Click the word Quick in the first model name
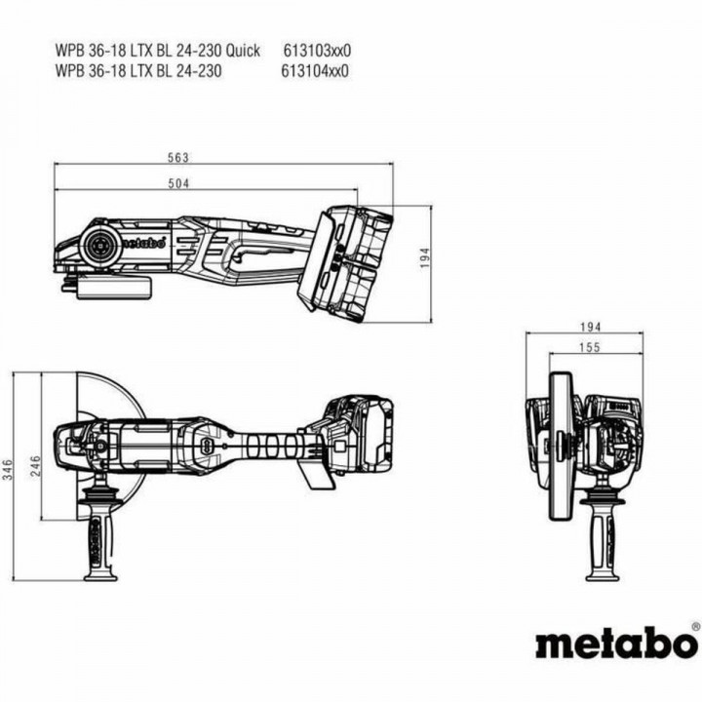pyautogui.click(x=242, y=50)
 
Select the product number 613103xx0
pyautogui.click(x=317, y=50)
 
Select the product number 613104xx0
pyautogui.click(x=314, y=69)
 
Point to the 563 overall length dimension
pyautogui.click(x=177, y=158)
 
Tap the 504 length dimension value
pyautogui.click(x=177, y=183)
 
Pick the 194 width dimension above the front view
pyautogui.click(x=589, y=327)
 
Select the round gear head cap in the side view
pyautogui.click(x=100, y=247)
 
